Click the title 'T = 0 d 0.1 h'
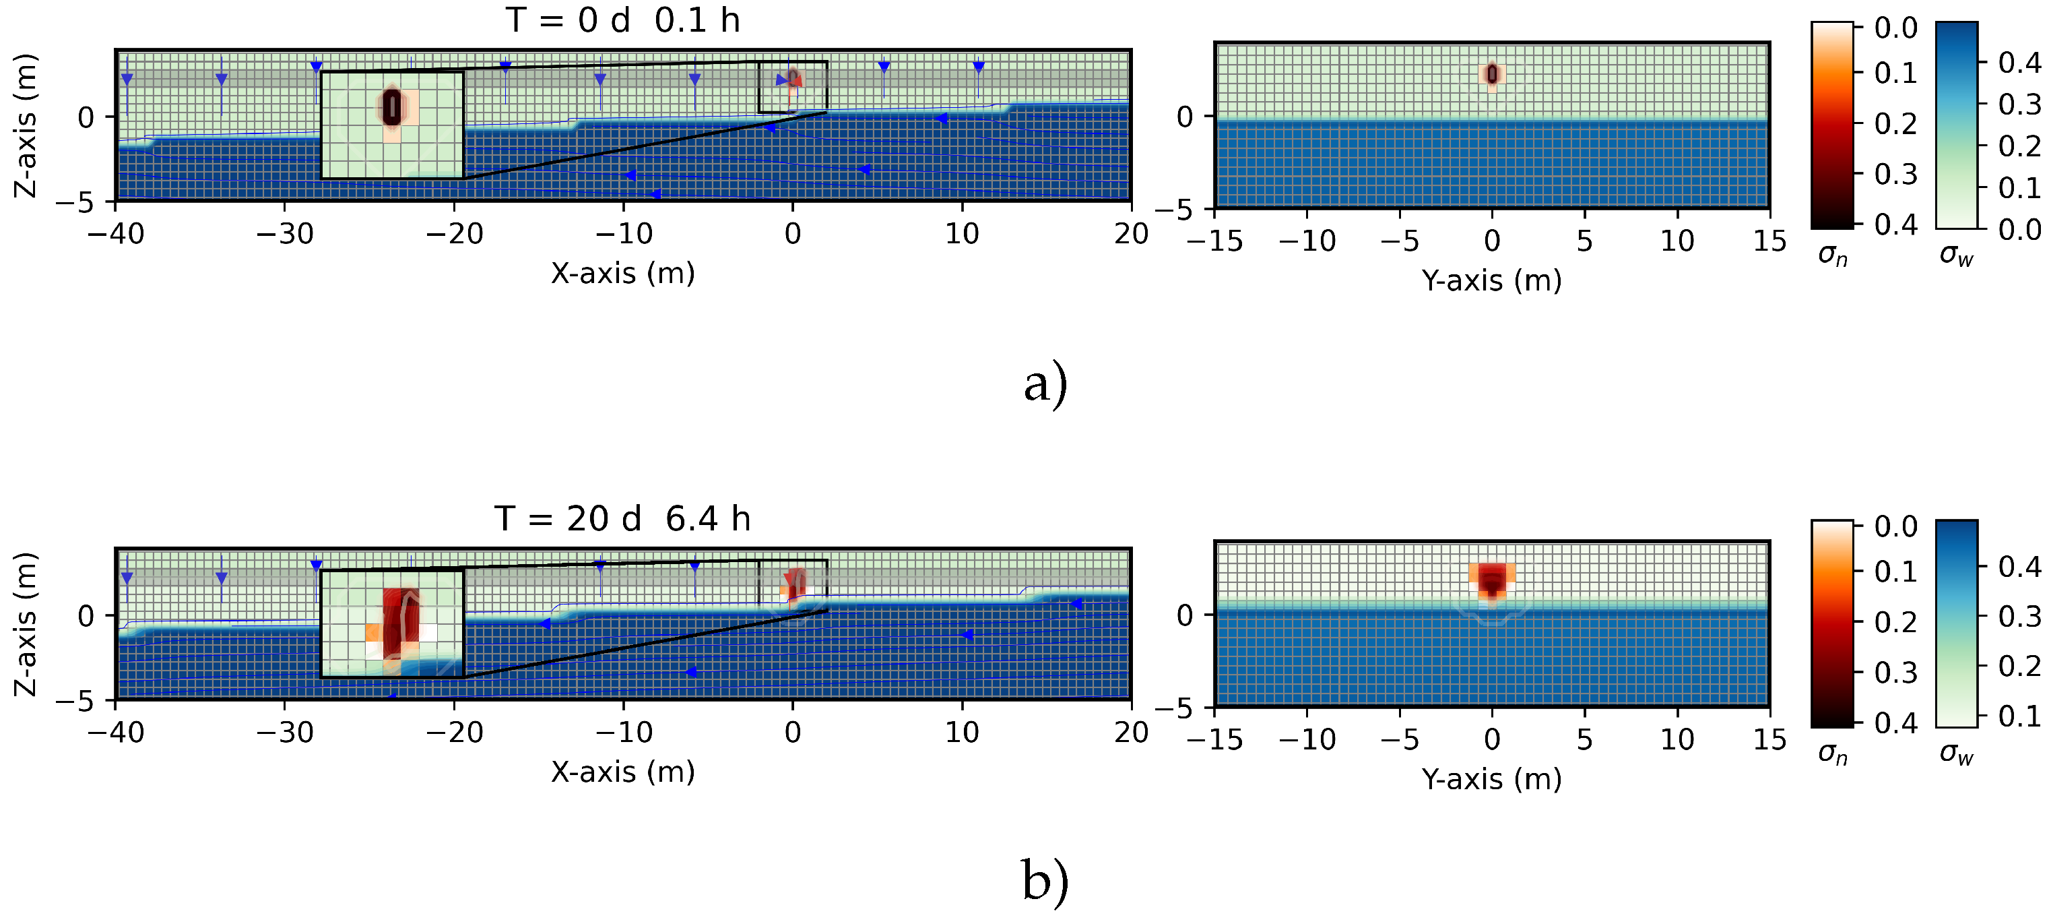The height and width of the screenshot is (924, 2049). pyautogui.click(x=623, y=20)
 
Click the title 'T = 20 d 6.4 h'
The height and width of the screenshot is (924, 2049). pyautogui.click(x=623, y=519)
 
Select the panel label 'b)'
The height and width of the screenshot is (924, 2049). pyautogui.click(x=1045, y=882)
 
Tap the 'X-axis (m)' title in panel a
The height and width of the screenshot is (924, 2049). pyautogui.click(x=623, y=274)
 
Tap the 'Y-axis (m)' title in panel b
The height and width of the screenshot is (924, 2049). pyautogui.click(x=1491, y=779)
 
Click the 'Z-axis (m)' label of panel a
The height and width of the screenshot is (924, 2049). pyautogui.click(x=26, y=126)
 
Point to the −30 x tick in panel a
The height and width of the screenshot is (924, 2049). pyautogui.click(x=285, y=234)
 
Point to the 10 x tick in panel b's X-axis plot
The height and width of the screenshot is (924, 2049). pyautogui.click(x=962, y=732)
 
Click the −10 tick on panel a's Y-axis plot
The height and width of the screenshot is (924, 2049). pyautogui.click(x=1307, y=241)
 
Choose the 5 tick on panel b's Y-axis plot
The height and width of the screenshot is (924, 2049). pyautogui.click(x=1584, y=739)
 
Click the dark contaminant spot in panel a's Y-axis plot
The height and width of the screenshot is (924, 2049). pyautogui.click(x=1492, y=74)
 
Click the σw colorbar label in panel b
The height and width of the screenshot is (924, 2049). pyautogui.click(x=1957, y=753)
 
